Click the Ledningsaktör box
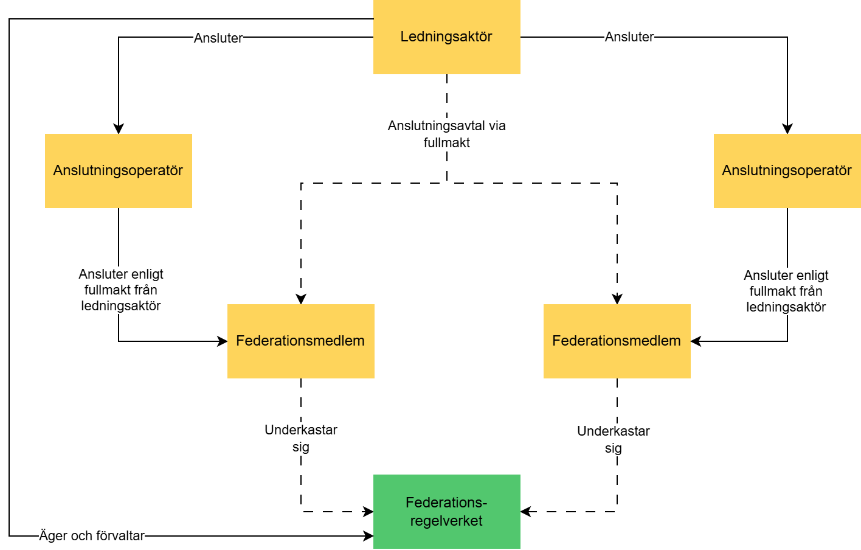pos(446,37)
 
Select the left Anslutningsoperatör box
pos(118,171)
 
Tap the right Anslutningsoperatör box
pos(787,171)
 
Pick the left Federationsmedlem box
pos(300,341)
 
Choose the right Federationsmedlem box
pos(617,341)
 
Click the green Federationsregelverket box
pos(446,512)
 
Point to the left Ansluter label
pos(218,38)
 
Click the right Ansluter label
pos(629,37)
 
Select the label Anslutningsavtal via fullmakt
pos(447,134)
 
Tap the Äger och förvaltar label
pos(92,536)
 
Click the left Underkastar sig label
pos(301,438)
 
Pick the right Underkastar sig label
pos(614,439)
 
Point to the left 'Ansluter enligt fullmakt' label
pos(121,290)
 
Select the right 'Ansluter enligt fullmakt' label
pos(786,291)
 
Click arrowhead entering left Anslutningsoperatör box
pos(119,129)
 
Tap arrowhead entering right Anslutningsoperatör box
pos(787,129)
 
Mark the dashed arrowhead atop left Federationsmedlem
pos(301,299)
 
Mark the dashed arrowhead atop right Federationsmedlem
pos(617,299)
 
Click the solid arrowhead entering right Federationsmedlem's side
pos(696,341)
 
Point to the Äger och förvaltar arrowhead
pos(368,536)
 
